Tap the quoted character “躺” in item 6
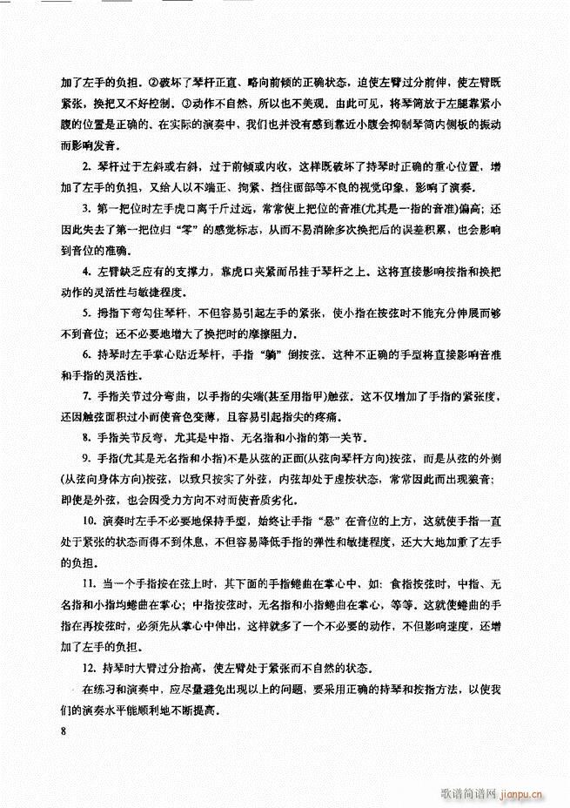tap(267, 354)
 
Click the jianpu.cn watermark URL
tap(521, 793)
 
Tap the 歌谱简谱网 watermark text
tap(459, 793)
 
